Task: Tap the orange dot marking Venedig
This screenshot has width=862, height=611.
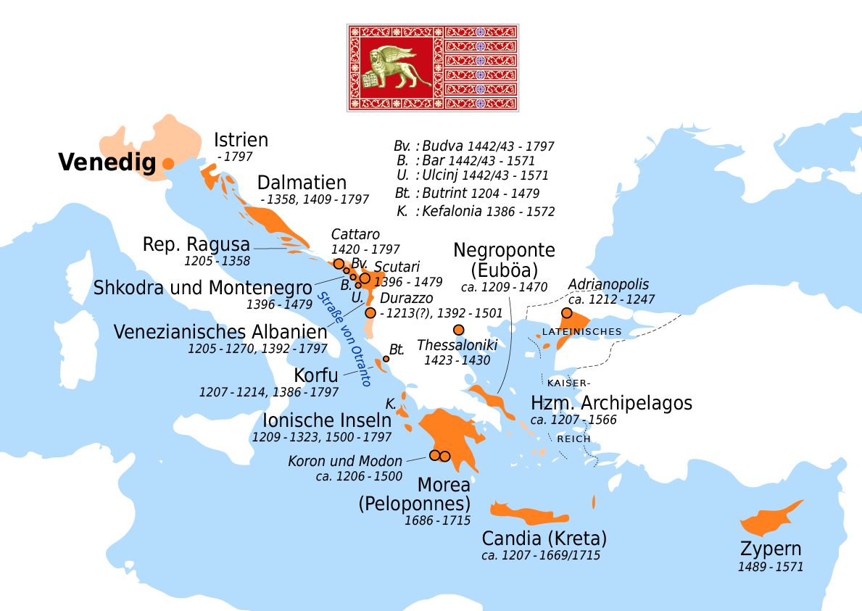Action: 167,164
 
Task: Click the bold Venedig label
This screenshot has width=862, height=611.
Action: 107,163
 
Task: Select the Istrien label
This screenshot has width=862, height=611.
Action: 241,140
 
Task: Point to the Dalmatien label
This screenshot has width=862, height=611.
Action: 302,183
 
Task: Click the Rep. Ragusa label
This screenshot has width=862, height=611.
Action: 196,244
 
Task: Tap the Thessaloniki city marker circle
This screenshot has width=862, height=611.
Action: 458,330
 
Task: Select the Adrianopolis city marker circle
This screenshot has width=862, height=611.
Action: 567,313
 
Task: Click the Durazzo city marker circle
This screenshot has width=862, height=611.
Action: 370,313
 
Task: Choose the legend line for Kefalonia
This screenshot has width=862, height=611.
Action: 476,212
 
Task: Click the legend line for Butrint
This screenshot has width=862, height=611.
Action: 476,194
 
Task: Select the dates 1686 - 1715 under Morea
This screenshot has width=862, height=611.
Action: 438,520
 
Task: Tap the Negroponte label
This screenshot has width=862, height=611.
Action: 504,251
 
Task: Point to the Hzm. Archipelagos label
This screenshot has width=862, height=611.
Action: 611,403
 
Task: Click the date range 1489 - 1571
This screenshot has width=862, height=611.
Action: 770,567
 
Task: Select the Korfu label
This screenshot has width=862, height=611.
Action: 315,376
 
